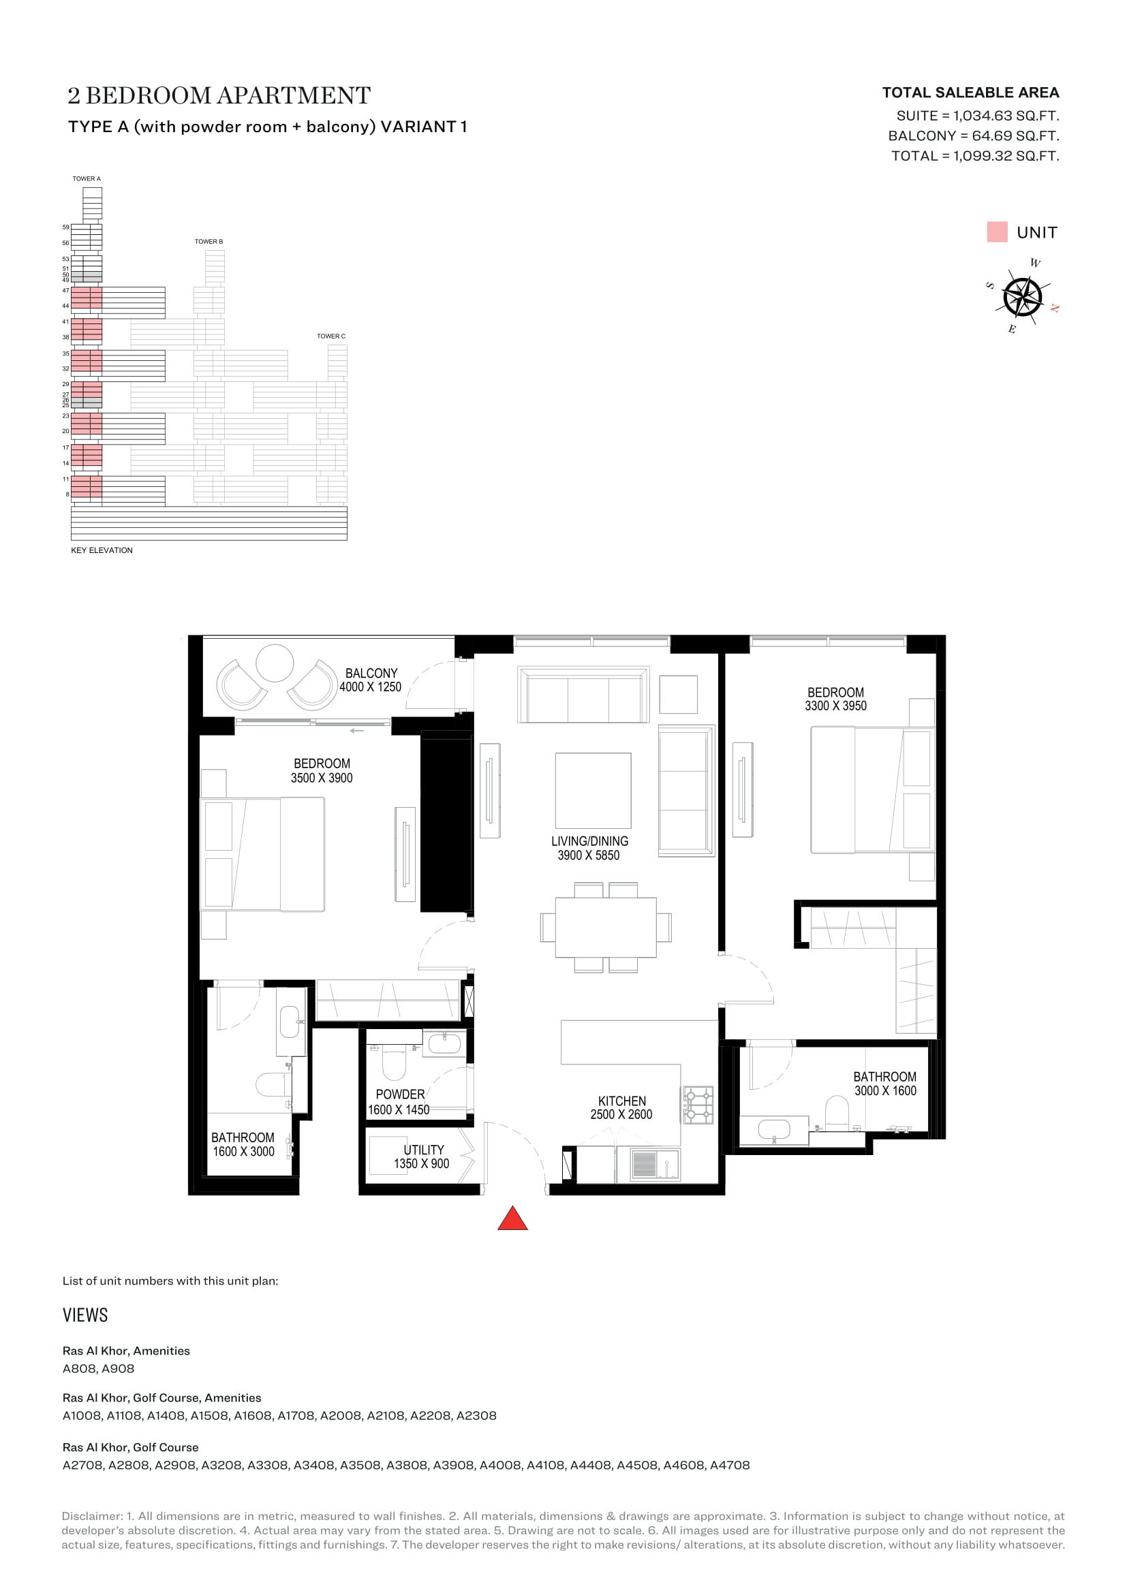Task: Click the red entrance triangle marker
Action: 513,1218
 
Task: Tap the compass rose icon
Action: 1023,296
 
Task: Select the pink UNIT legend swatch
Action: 997,232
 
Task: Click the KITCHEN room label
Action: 622,1101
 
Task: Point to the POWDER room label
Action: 400,1094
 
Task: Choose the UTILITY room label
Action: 423,1150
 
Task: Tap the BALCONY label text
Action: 371,673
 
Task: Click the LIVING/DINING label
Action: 590,841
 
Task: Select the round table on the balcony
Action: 275,663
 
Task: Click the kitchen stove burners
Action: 698,1105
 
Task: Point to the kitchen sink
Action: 655,1165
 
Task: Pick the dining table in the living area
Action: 606,928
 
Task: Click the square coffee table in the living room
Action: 593,791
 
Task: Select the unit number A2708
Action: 82,1466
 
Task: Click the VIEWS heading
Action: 85,1316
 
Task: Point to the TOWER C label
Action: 331,336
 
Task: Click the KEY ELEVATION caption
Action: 102,550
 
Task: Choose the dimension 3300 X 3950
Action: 835,706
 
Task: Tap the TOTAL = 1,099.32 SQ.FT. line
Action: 975,156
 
